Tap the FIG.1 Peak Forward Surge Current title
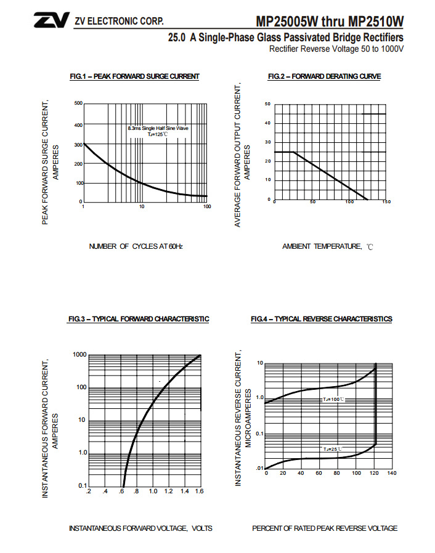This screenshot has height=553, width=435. click(x=134, y=76)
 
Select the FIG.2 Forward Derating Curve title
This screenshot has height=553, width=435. click(x=324, y=76)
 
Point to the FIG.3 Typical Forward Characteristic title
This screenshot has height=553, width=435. click(x=139, y=319)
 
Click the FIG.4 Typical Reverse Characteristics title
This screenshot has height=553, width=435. click(x=321, y=319)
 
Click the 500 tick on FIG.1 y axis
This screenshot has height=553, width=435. click(x=78, y=103)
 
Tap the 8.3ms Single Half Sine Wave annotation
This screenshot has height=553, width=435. click(x=158, y=128)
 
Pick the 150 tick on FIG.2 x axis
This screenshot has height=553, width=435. click(x=386, y=202)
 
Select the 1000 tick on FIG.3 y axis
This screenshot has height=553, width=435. click(x=79, y=355)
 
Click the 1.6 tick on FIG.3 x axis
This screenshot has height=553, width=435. click(x=200, y=491)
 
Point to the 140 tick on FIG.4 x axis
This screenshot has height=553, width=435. click(x=391, y=473)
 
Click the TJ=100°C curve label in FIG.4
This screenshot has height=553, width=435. click(x=334, y=400)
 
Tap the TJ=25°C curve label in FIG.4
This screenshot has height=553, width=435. click(x=331, y=449)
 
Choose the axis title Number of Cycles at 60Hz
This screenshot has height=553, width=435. click(x=136, y=246)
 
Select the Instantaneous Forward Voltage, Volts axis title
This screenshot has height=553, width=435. click(x=140, y=528)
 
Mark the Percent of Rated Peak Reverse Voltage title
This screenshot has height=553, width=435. click(x=325, y=528)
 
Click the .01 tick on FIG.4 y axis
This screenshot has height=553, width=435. click(x=259, y=469)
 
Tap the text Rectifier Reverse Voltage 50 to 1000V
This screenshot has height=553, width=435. click(x=336, y=49)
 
